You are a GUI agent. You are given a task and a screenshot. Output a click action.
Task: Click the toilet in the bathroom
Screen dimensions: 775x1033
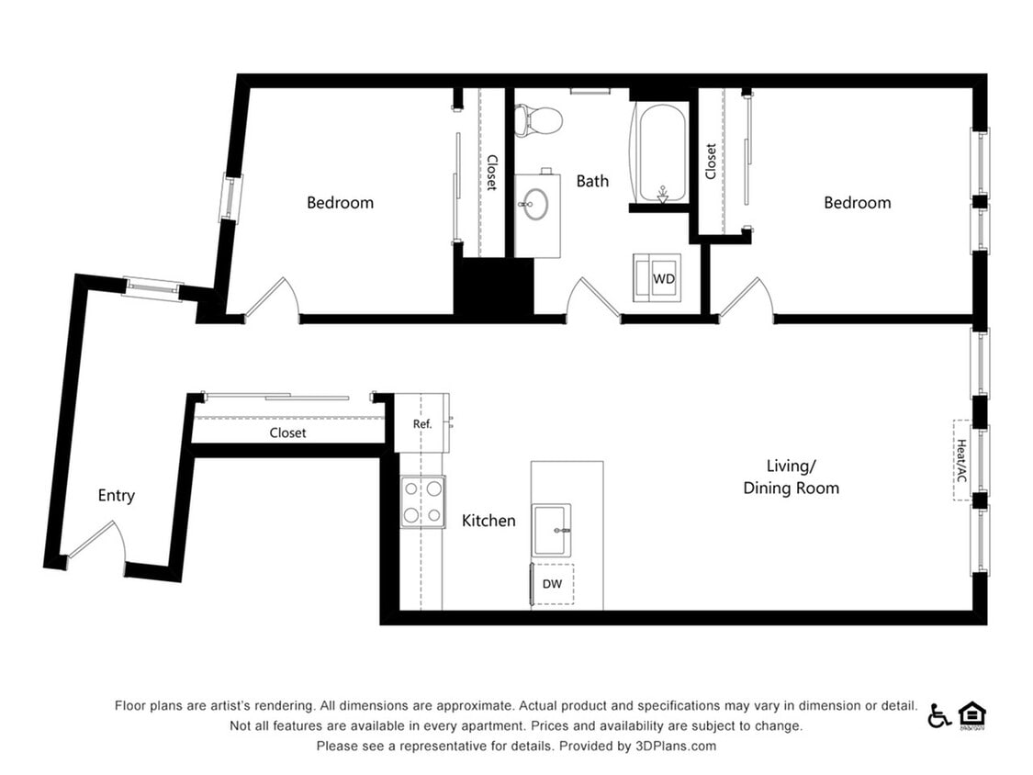538,119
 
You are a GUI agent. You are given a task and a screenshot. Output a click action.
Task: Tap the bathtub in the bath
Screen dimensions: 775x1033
658,152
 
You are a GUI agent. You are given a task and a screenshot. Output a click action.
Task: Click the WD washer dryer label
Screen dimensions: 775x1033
663,278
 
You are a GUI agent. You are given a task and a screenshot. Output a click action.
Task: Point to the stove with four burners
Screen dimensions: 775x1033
422,501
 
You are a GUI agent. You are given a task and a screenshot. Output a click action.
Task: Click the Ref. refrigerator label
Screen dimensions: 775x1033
421,424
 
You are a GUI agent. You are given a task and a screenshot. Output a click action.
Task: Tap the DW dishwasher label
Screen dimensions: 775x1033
552,583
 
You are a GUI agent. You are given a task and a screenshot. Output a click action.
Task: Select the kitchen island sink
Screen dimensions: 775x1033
552,530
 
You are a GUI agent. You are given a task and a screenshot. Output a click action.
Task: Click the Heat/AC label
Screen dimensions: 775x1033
962,460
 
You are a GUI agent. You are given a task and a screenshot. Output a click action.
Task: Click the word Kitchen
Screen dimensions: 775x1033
488,521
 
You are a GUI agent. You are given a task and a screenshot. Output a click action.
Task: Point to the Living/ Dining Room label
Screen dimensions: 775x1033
791,477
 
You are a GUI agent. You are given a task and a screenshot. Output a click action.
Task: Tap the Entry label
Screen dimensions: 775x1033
117,496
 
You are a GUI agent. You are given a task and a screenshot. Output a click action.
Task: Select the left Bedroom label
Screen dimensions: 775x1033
341,203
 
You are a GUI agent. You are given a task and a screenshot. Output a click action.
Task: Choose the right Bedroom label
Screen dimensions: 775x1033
858,203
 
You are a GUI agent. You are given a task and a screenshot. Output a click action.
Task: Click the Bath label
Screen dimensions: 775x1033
592,181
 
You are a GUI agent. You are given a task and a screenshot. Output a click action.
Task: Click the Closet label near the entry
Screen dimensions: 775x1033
288,432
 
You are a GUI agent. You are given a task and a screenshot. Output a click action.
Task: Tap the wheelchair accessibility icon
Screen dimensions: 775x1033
938,716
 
